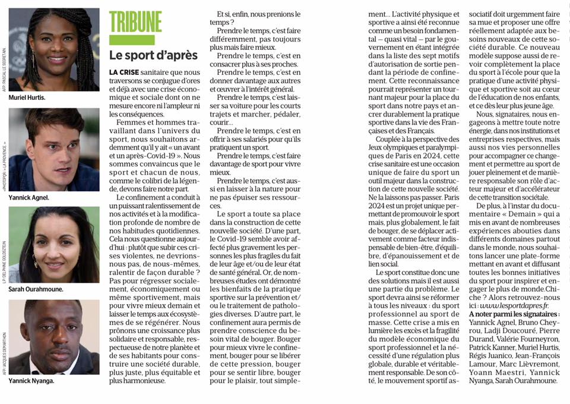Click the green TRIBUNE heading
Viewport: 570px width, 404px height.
[135, 21]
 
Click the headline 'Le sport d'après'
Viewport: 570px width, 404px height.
[153, 55]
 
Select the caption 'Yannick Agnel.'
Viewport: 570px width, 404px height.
[30, 197]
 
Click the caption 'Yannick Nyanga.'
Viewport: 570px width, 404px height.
[31, 381]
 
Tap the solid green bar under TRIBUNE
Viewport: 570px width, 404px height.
[132, 40]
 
